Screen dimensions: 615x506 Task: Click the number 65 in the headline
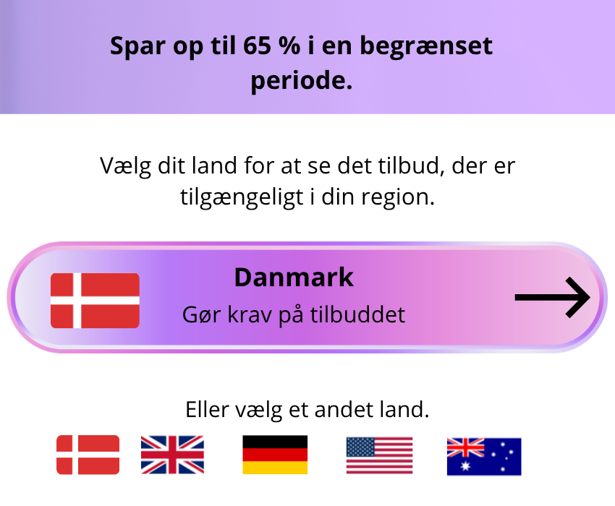[x=257, y=46]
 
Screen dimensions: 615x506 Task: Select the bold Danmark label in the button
[x=294, y=278]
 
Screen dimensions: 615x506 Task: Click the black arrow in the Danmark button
[x=552, y=298]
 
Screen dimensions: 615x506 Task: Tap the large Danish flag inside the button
[x=95, y=301]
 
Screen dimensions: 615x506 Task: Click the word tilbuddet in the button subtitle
[x=357, y=314]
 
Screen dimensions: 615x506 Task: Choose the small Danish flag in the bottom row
[x=88, y=455]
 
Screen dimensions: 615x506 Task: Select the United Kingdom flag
[x=173, y=455]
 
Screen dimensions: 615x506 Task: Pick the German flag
[x=275, y=455]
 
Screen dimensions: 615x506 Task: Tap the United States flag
[x=379, y=455]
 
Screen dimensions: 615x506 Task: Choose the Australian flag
[x=484, y=457]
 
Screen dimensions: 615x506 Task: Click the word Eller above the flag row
[x=207, y=410]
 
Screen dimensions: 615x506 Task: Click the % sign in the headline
[x=289, y=46]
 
